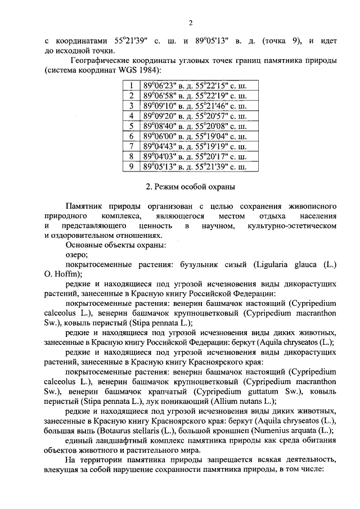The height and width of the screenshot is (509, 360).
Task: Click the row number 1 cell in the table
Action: tap(130, 86)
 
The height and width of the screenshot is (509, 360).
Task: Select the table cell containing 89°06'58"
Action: tap(195, 96)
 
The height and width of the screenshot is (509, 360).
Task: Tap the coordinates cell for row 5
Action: tap(195, 126)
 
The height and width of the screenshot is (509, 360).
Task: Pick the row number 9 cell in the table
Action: tap(130, 166)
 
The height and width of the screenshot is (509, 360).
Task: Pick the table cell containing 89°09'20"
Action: tap(195, 116)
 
